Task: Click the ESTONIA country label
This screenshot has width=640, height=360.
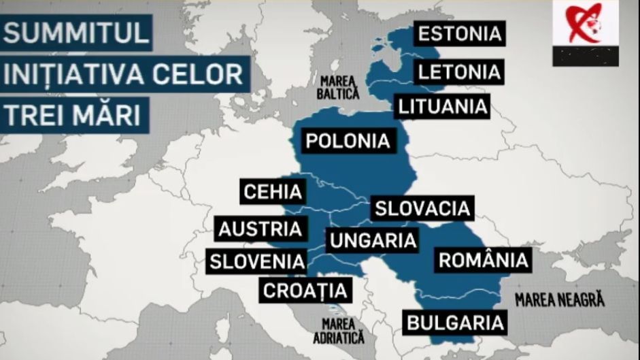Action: pyautogui.click(x=459, y=33)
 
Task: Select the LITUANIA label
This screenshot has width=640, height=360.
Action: pyautogui.click(x=442, y=106)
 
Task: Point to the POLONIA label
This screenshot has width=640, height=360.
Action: pyautogui.click(x=347, y=141)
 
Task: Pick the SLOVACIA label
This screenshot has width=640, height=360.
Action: pyautogui.click(x=422, y=208)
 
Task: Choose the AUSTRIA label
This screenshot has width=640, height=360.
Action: pyautogui.click(x=259, y=229)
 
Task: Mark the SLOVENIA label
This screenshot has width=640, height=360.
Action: pyautogui.click(x=256, y=261)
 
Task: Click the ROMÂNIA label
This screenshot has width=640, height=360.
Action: pyautogui.click(x=483, y=260)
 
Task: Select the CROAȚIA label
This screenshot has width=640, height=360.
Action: pyautogui.click(x=305, y=291)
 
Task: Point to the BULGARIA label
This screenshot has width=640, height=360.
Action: pyautogui.click(x=456, y=321)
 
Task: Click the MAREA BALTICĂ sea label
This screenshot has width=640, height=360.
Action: pyautogui.click(x=341, y=86)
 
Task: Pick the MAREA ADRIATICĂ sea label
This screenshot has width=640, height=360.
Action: pyautogui.click(x=339, y=330)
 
